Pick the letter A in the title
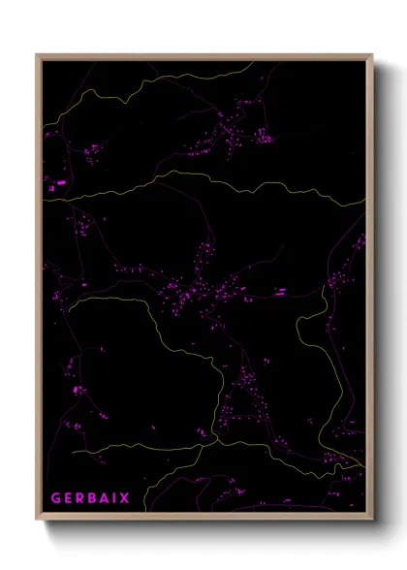[x=110, y=496]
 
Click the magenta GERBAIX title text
[x=93, y=496]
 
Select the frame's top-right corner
[x=372, y=55]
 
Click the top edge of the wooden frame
[x=203, y=56]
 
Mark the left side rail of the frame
[x=39, y=291]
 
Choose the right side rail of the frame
[x=371, y=291]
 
